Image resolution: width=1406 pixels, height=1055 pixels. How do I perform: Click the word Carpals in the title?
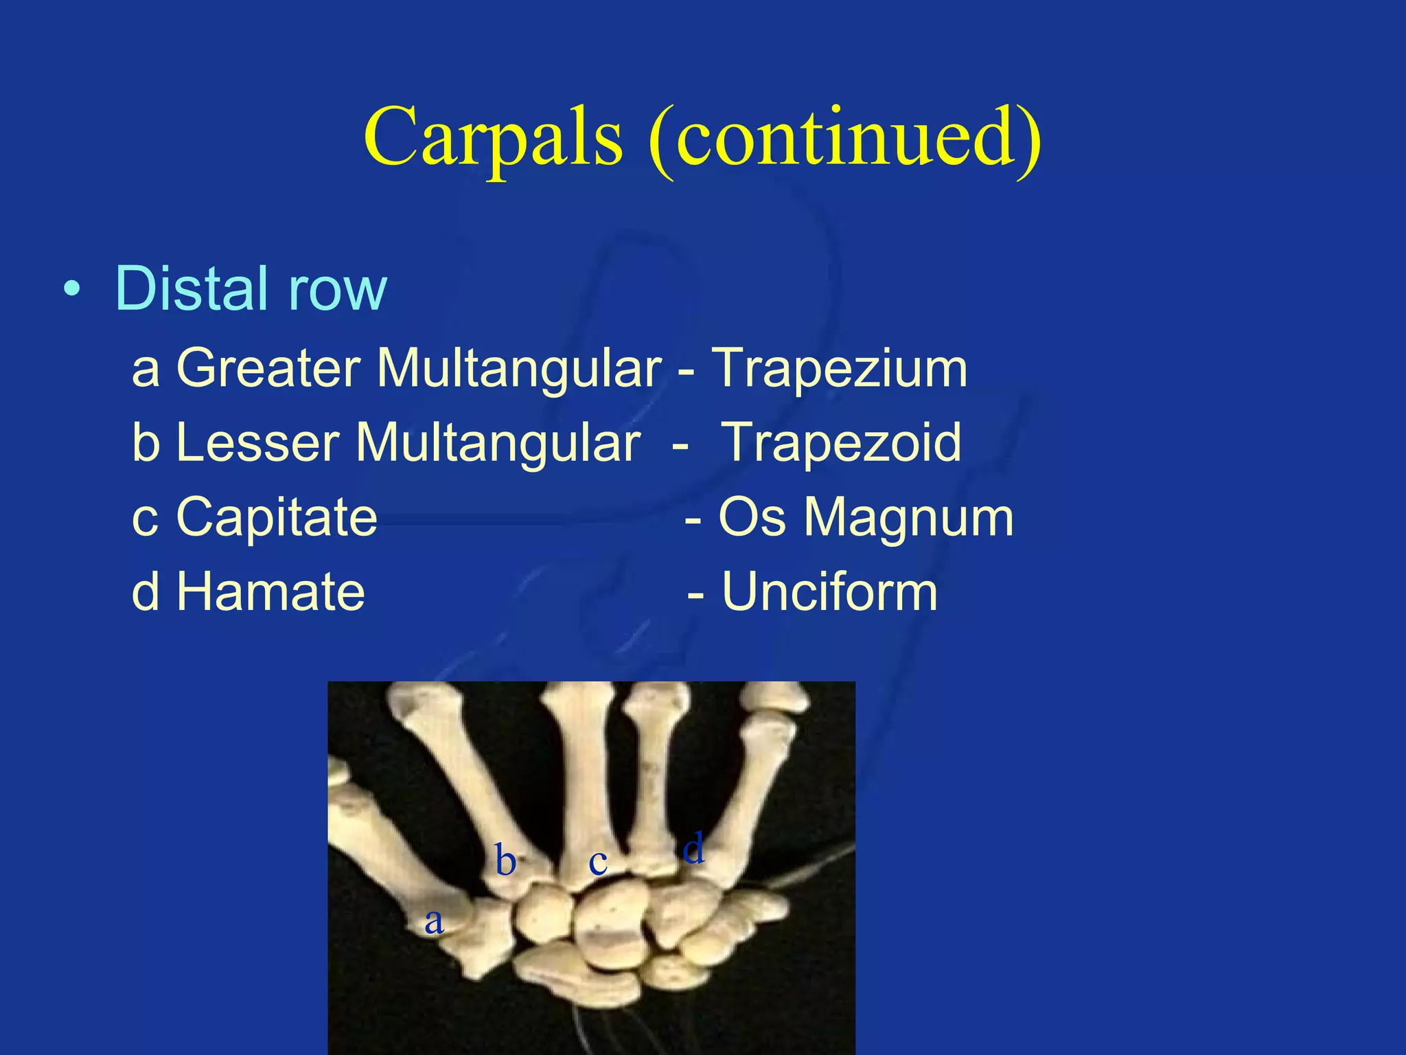click(x=493, y=137)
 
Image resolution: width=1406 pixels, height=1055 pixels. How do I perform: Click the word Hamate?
click(x=270, y=592)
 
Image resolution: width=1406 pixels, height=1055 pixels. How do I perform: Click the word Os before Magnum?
click(x=752, y=517)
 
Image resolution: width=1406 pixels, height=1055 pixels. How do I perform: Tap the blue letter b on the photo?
click(x=505, y=861)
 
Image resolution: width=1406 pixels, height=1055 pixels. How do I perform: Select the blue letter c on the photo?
click(x=598, y=863)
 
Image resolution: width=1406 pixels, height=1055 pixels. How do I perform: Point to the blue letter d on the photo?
click(x=693, y=848)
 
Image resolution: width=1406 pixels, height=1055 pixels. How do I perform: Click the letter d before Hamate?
click(x=146, y=592)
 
